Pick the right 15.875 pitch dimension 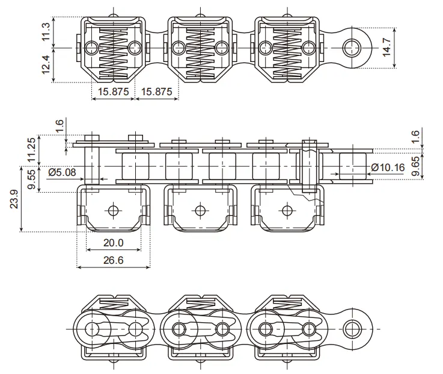[x=155, y=92]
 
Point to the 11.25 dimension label [x=31, y=150]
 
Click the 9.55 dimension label [x=31, y=179]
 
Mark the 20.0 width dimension [x=113, y=243]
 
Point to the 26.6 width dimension [x=113, y=260]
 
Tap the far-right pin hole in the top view [x=351, y=46]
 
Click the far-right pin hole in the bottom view [x=351, y=328]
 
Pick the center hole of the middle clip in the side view [x=200, y=210]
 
